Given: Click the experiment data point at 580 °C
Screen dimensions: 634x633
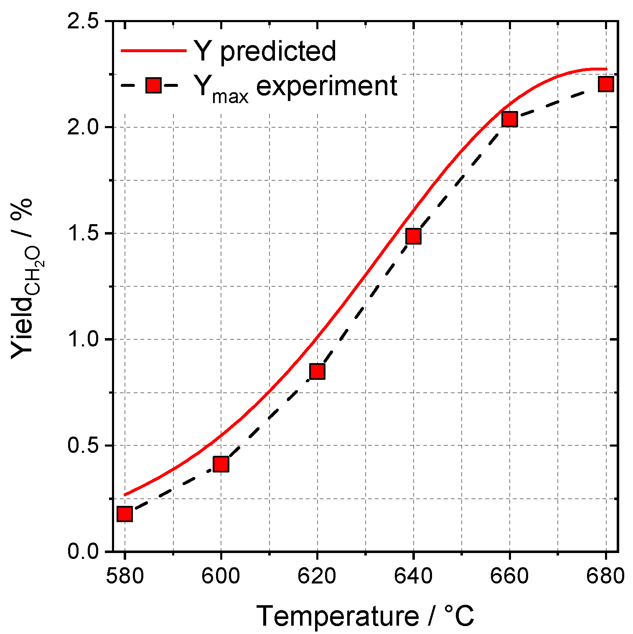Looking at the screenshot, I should pos(125,514).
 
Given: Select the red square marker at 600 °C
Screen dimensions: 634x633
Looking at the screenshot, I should pos(221,464).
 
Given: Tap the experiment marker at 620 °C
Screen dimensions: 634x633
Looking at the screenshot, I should pos(318,371).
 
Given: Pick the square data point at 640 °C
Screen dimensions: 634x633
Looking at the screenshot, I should pos(414,236).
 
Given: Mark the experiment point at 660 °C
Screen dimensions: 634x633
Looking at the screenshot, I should pos(510,119).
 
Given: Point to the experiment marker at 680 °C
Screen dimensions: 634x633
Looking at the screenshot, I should pos(606,84).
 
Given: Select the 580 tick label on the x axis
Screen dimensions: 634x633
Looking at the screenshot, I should pos(125,576).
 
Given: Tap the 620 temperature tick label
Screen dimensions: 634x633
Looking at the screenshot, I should pos(318,576).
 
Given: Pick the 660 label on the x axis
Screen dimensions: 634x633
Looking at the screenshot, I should pos(510,576).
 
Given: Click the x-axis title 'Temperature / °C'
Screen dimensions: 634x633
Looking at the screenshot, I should pos(365,616).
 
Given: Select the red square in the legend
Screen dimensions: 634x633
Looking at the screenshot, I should pos(153,86).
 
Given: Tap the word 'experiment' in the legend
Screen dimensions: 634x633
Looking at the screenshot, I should pos(326,86).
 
